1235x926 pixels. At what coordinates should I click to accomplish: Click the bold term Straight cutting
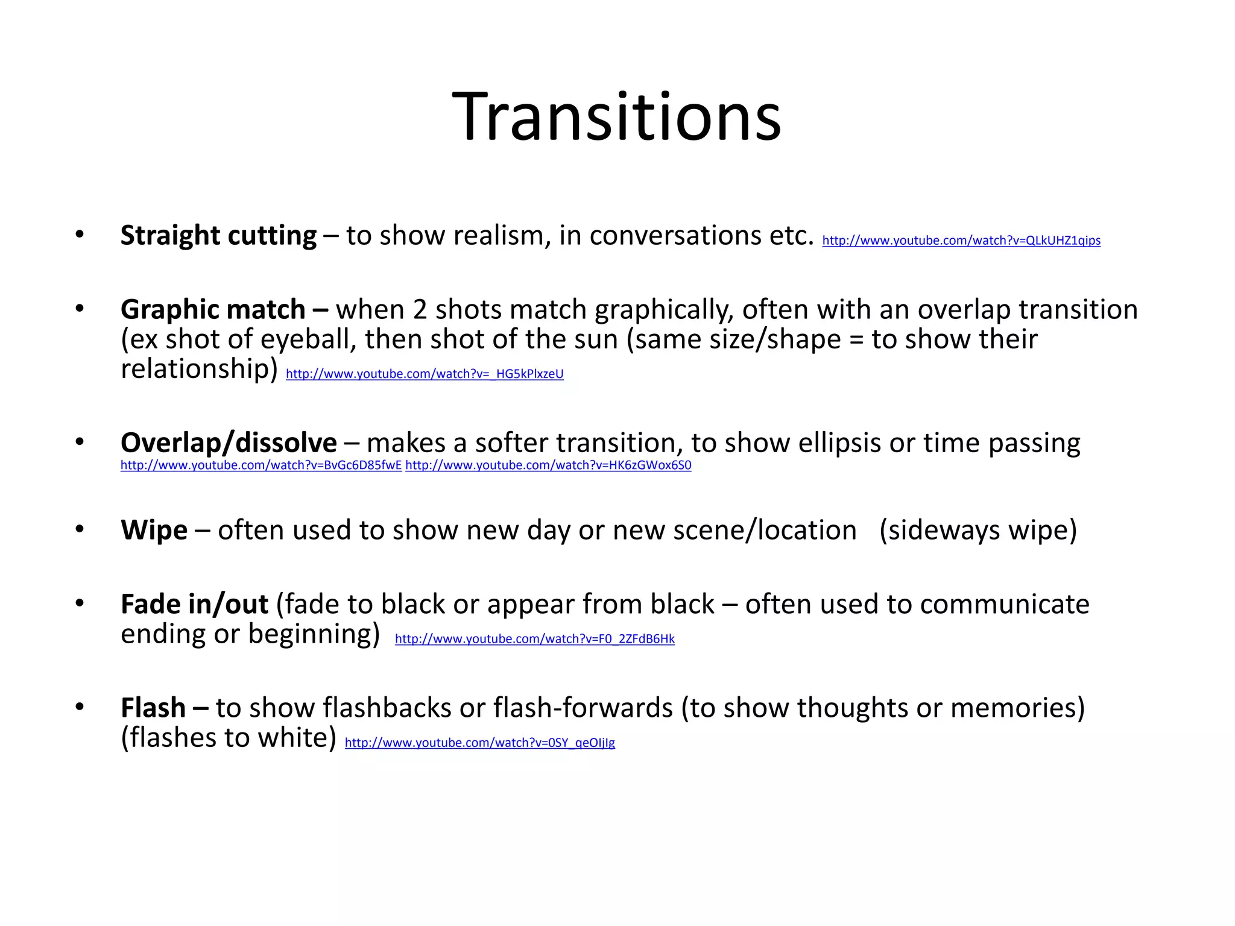pos(218,235)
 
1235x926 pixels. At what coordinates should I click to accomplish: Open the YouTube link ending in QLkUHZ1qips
pos(961,241)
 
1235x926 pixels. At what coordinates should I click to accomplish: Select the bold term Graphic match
pos(213,309)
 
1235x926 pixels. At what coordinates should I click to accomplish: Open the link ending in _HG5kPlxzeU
pos(425,374)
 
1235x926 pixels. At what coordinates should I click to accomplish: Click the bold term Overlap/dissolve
pos(229,443)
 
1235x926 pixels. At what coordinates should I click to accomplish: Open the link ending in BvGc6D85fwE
pos(261,465)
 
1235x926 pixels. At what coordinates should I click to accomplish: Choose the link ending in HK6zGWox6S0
pos(548,465)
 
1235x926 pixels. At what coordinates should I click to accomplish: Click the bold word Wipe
pos(154,530)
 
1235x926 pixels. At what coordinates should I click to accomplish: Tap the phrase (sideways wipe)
pos(978,531)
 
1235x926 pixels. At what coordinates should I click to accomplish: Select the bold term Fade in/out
pos(194,604)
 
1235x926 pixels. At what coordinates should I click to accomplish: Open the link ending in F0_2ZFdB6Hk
pos(535,639)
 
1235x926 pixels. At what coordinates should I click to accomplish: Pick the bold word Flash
pos(153,708)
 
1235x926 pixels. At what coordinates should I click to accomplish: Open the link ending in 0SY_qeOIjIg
pos(479,743)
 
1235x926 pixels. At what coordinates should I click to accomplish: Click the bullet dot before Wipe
pos(80,529)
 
